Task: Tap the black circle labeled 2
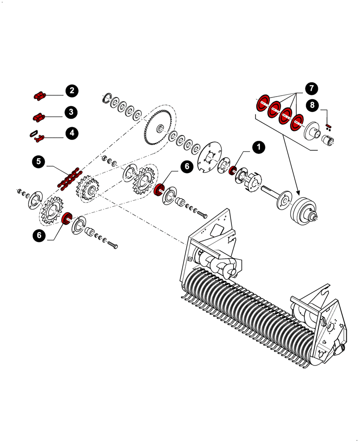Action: [x=71, y=91]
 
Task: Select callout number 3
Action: [x=71, y=112]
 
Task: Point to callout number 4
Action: [x=71, y=133]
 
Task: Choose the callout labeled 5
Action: [x=39, y=162]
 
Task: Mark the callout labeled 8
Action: [x=313, y=105]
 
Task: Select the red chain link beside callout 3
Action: [x=39, y=117]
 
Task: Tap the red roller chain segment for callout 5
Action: [x=68, y=178]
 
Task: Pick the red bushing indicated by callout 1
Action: [x=232, y=170]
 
